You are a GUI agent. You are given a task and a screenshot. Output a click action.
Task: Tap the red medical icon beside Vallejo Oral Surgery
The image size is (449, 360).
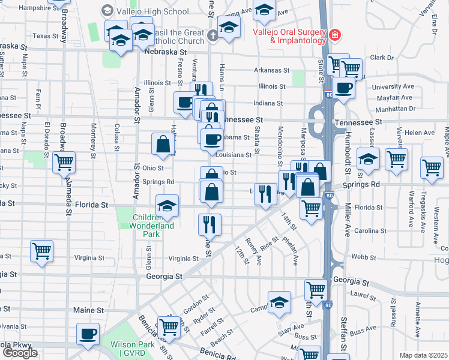click(334, 36)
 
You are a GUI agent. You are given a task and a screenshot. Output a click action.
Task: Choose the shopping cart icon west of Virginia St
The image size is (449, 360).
click(41, 251)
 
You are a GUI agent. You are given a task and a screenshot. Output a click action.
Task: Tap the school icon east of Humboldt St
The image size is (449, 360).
click(368, 159)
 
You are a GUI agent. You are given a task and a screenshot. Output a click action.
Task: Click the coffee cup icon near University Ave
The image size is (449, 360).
click(344, 88)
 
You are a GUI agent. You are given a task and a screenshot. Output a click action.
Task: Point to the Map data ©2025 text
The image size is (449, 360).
click(423, 355)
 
